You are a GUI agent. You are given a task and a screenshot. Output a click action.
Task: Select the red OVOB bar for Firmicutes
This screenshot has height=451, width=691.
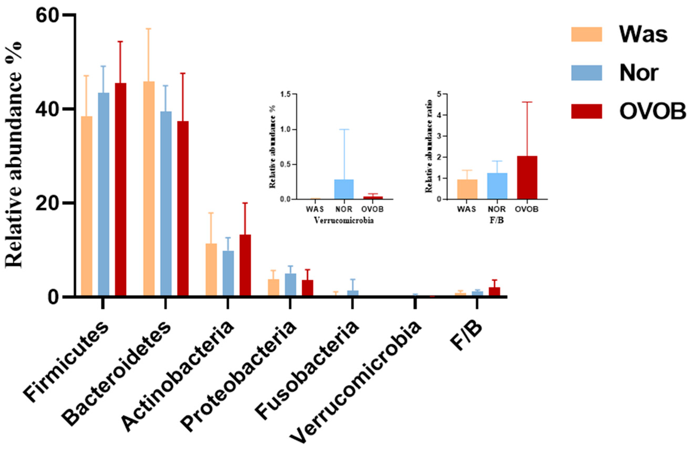[121, 189]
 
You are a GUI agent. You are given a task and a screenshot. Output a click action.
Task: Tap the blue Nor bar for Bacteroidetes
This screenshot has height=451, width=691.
[166, 203]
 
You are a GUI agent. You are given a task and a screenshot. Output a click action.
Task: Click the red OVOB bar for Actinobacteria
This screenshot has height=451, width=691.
[245, 265]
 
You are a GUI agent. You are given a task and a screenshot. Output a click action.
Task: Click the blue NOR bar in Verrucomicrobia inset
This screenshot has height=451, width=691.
[344, 190]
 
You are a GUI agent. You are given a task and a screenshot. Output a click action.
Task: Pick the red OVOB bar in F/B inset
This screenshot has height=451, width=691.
[527, 178]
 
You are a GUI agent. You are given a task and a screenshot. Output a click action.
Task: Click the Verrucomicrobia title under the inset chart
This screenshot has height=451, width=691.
[344, 221]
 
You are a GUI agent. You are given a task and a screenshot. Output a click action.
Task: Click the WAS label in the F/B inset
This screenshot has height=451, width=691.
[467, 209]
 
